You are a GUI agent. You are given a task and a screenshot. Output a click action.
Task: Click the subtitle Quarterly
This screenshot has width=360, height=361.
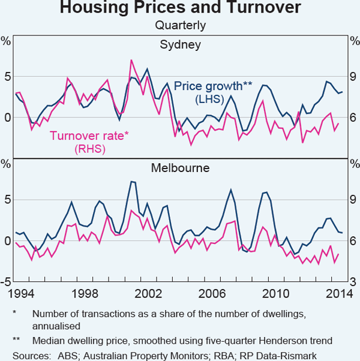[x=180, y=25]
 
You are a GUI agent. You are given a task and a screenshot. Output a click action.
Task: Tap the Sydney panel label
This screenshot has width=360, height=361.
[x=180, y=45]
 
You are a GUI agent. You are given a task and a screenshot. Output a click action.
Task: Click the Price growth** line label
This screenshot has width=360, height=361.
[x=208, y=86]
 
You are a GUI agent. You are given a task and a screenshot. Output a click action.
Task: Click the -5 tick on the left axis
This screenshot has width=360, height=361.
[x=7, y=282]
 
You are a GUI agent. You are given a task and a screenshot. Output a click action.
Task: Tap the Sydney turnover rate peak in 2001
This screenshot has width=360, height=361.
[x=131, y=60]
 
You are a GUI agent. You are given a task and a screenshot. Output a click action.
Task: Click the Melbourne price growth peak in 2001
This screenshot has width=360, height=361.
[x=133, y=181]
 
